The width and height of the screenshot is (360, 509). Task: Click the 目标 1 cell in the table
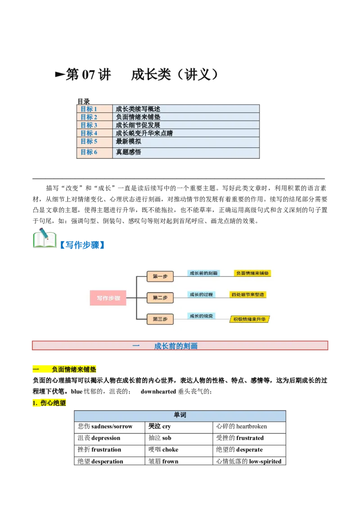click(94, 109)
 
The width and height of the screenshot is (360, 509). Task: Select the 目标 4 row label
click(94, 133)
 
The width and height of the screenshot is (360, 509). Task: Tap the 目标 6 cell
click(94, 152)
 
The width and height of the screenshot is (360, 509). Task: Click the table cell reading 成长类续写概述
click(186, 109)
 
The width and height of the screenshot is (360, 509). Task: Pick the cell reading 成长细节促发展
click(186, 125)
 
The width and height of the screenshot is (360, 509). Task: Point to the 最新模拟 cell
click(186, 142)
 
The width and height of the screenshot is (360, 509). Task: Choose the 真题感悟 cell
click(186, 152)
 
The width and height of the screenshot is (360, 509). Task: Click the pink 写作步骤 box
click(108, 298)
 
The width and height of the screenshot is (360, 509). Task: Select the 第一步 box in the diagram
click(160, 277)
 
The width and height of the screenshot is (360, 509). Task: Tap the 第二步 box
click(160, 298)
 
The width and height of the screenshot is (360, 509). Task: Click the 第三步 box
click(160, 319)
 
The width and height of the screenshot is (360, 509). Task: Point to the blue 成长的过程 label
click(201, 295)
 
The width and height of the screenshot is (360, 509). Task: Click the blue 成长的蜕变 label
click(201, 316)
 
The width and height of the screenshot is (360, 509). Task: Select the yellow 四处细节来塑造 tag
click(247, 295)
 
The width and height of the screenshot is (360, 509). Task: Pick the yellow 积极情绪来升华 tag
click(249, 319)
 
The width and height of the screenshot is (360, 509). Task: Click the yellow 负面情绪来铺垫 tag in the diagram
click(252, 273)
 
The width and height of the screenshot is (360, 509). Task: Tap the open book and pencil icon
click(45, 238)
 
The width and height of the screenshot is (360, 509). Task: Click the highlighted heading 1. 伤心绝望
click(50, 403)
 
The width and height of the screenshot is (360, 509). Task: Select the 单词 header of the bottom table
click(180, 415)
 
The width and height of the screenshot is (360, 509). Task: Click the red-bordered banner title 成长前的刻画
click(175, 346)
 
